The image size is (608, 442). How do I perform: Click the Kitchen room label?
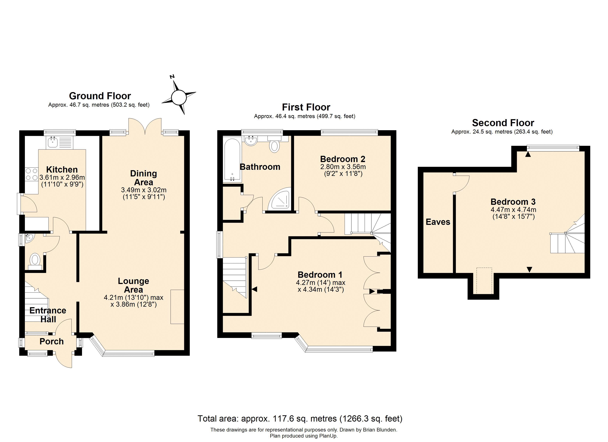(x=62, y=169)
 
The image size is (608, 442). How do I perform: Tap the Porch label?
(x=51, y=341)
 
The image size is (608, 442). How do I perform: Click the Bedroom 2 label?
(x=343, y=159)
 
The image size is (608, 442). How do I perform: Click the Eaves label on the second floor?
(x=438, y=222)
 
